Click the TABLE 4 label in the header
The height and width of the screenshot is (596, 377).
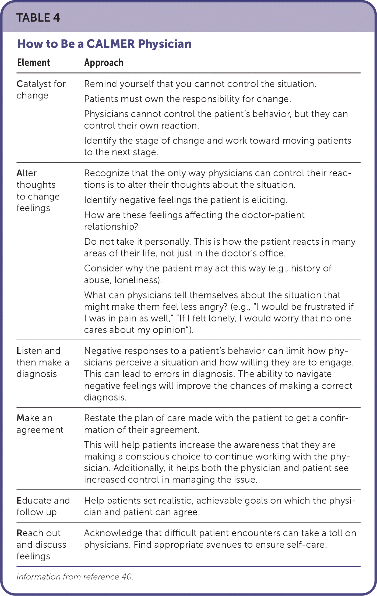pyautogui.click(x=38, y=18)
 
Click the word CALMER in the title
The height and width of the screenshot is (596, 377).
pyautogui.click(x=110, y=44)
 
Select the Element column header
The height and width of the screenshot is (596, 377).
pyautogui.click(x=33, y=63)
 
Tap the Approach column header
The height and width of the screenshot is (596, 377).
pyautogui.click(x=104, y=63)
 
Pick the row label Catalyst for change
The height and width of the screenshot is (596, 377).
pyautogui.click(x=41, y=90)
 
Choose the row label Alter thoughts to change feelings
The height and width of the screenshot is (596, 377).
pyautogui.click(x=38, y=190)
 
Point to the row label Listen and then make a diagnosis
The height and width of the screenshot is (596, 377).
pyautogui.click(x=43, y=362)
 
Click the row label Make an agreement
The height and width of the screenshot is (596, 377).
pyautogui.click(x=40, y=424)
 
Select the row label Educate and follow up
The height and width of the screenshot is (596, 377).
pyautogui.click(x=43, y=506)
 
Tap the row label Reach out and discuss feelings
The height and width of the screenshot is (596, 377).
pyautogui.click(x=41, y=544)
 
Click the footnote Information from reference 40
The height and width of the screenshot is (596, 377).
pyautogui.click(x=75, y=577)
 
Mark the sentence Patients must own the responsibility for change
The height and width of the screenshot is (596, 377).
pyautogui.click(x=188, y=99)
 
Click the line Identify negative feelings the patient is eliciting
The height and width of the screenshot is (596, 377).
pyautogui.click(x=186, y=200)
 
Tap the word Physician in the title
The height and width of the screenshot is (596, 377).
pyautogui.click(x=165, y=44)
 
